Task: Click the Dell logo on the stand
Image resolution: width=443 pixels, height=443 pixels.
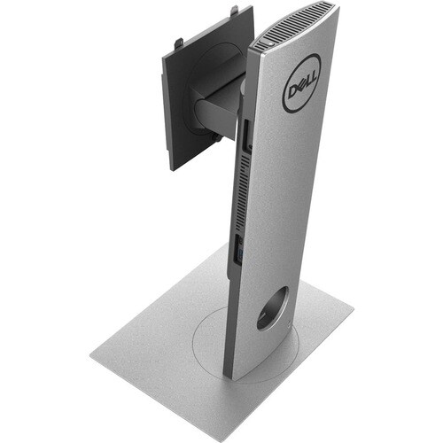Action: click(302, 83)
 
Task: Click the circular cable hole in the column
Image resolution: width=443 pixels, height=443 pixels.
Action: click(272, 308)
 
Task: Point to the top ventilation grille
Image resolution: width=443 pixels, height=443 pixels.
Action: click(295, 24)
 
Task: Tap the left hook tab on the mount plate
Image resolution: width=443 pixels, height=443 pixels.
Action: click(179, 44)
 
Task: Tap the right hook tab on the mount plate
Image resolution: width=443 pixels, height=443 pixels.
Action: click(234, 10)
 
